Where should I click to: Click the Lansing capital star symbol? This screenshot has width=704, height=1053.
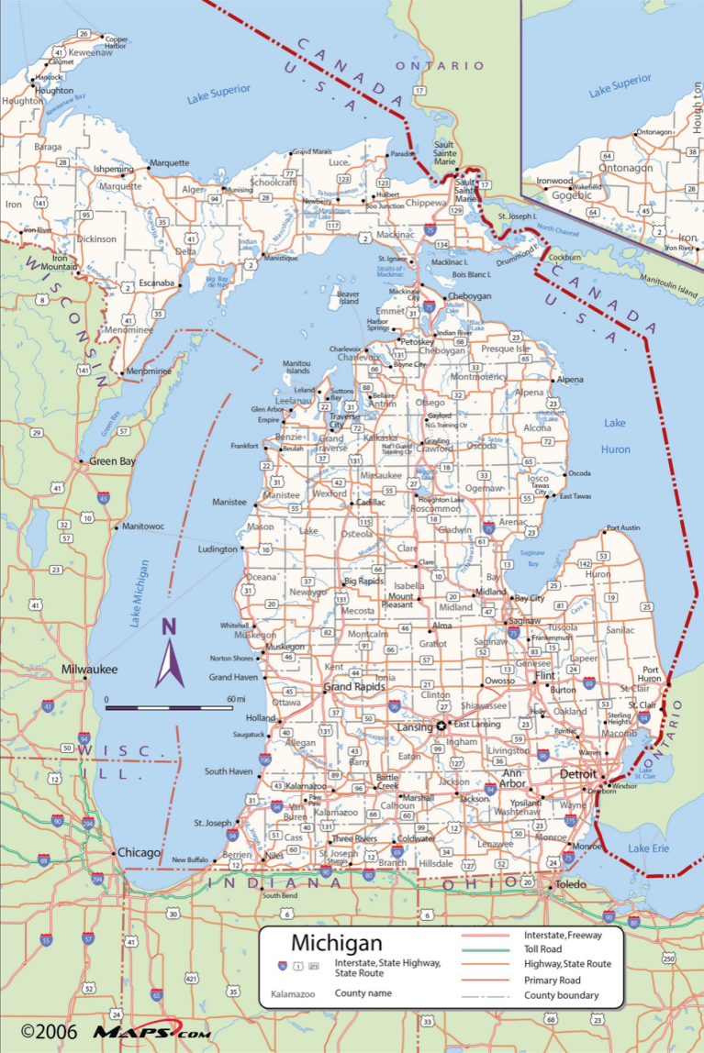point(441,726)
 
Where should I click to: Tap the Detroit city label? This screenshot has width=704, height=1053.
point(577,775)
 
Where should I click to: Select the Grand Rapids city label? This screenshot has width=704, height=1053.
point(351,687)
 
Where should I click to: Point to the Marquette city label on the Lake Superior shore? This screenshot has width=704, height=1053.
point(169,163)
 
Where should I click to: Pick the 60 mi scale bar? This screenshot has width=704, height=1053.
point(170,707)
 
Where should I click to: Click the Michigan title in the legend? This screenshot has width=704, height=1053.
point(336,943)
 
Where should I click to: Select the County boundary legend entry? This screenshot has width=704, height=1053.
point(561,995)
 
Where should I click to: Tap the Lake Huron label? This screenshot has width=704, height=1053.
point(616,436)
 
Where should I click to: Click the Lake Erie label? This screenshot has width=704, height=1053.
point(648,848)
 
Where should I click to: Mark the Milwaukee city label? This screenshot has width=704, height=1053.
point(90,670)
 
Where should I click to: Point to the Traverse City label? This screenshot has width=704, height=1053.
point(345,421)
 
